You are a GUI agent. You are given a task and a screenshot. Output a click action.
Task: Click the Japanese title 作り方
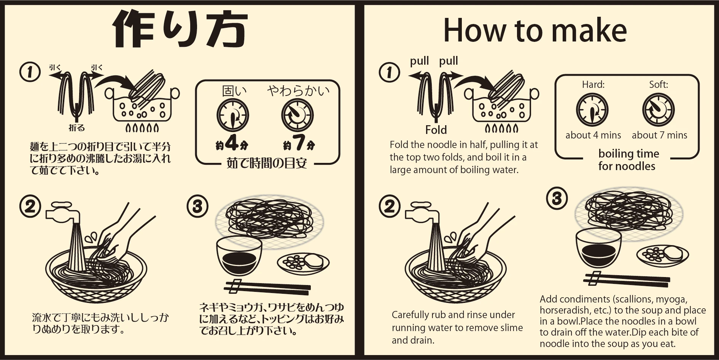180,30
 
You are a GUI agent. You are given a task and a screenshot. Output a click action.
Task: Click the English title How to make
535,30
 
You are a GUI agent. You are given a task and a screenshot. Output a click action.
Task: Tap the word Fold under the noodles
436,130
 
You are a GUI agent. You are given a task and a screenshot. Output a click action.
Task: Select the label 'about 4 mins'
593,135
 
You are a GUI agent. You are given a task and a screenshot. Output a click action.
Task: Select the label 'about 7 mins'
659,135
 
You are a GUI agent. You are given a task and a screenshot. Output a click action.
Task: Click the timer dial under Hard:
592,110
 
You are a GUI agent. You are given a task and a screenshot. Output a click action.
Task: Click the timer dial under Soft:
659,110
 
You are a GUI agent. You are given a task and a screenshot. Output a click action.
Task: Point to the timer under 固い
233,115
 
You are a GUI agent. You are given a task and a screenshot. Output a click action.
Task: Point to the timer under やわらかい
297,115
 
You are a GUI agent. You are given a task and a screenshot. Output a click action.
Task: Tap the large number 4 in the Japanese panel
232,143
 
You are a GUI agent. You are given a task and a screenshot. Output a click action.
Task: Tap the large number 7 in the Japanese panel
299,143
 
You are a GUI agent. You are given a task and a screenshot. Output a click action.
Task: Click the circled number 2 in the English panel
390,207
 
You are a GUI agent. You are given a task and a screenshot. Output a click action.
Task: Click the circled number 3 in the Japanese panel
197,207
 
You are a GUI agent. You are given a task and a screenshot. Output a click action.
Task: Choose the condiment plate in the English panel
663,255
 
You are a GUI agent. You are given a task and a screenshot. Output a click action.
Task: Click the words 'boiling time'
628,153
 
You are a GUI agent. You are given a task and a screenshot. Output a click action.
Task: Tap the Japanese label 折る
76,128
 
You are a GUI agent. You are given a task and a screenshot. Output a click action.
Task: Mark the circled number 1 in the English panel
390,72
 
